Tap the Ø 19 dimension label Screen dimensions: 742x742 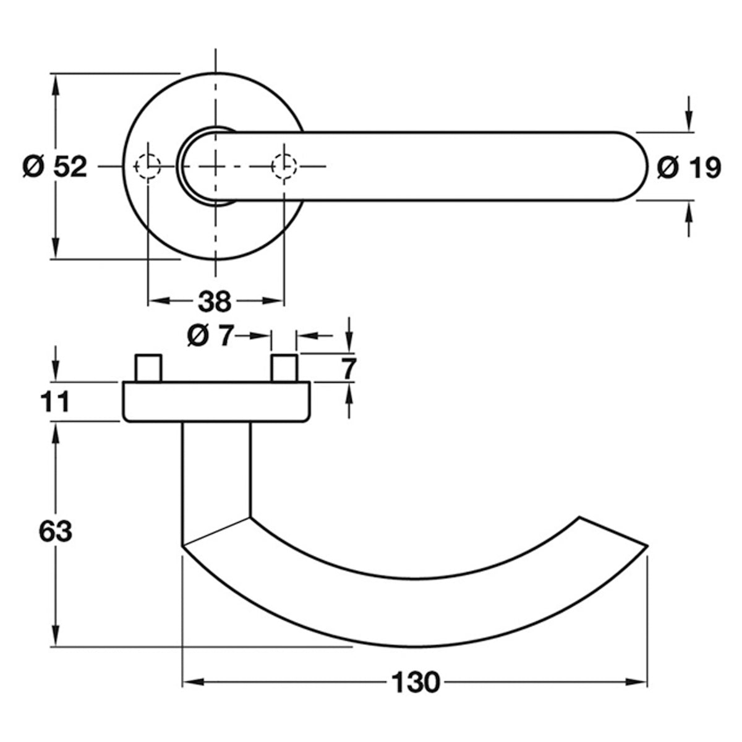click(x=689, y=168)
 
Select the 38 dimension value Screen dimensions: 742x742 click(x=215, y=302)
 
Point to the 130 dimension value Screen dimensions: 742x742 click(x=416, y=683)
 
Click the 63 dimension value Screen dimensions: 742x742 click(x=56, y=531)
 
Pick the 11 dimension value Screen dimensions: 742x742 click(x=54, y=402)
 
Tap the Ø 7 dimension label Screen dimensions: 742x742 click(x=211, y=335)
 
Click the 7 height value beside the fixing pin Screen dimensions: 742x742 click(x=349, y=369)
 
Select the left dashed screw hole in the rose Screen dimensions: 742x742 click(x=148, y=166)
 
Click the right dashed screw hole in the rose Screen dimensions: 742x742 click(x=284, y=166)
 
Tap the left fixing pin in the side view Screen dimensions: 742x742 click(x=148, y=368)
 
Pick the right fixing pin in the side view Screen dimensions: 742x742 click(x=284, y=368)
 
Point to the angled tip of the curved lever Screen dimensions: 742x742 click(x=647, y=546)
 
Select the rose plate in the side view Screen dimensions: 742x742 click(x=216, y=402)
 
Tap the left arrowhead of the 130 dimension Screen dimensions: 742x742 click(x=192, y=683)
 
